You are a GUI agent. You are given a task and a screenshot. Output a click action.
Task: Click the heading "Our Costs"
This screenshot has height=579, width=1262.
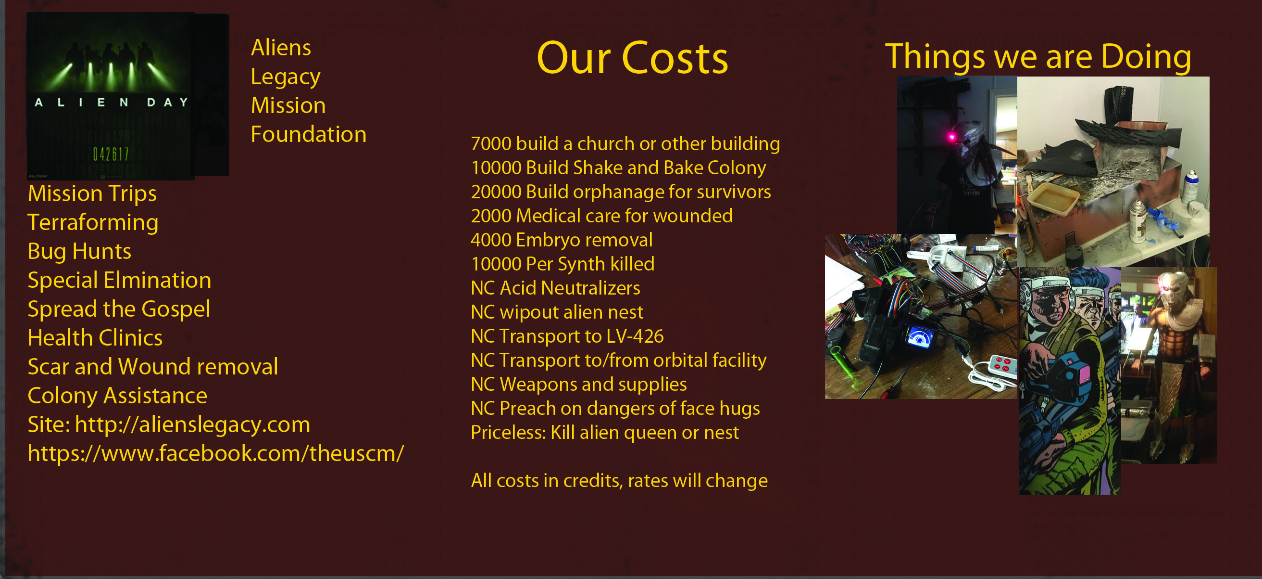click(x=632, y=58)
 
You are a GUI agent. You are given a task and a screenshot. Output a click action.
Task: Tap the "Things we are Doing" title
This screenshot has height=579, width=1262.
click(x=1038, y=57)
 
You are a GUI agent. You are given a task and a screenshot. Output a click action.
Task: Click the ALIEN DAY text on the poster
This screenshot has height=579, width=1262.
click(x=111, y=102)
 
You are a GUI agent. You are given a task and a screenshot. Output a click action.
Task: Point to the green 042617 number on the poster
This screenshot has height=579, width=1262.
click(x=111, y=154)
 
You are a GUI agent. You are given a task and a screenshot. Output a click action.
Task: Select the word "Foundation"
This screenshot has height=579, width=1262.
click(x=308, y=134)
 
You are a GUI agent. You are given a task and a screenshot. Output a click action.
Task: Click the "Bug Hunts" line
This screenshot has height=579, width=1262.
click(x=79, y=251)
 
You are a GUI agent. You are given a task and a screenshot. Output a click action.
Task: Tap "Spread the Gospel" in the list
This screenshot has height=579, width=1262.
click(x=119, y=309)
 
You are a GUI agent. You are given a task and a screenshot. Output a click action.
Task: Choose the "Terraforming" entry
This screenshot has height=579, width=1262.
click(x=93, y=222)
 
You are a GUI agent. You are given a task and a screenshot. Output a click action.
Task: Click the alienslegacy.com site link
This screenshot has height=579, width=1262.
click(x=192, y=425)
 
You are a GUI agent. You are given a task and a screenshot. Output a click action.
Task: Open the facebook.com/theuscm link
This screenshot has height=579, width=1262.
click(x=216, y=453)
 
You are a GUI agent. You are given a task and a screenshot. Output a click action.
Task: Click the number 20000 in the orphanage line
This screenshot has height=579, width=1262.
click(x=496, y=192)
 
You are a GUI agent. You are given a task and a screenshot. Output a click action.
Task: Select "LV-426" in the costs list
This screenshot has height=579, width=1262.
click(x=635, y=336)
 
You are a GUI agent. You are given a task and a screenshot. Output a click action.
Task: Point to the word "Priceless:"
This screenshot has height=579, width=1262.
click(x=508, y=432)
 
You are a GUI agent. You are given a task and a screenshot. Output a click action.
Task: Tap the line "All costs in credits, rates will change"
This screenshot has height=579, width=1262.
click(x=619, y=480)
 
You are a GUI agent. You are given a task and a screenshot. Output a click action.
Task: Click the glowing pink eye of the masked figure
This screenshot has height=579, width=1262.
click(x=952, y=137)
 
